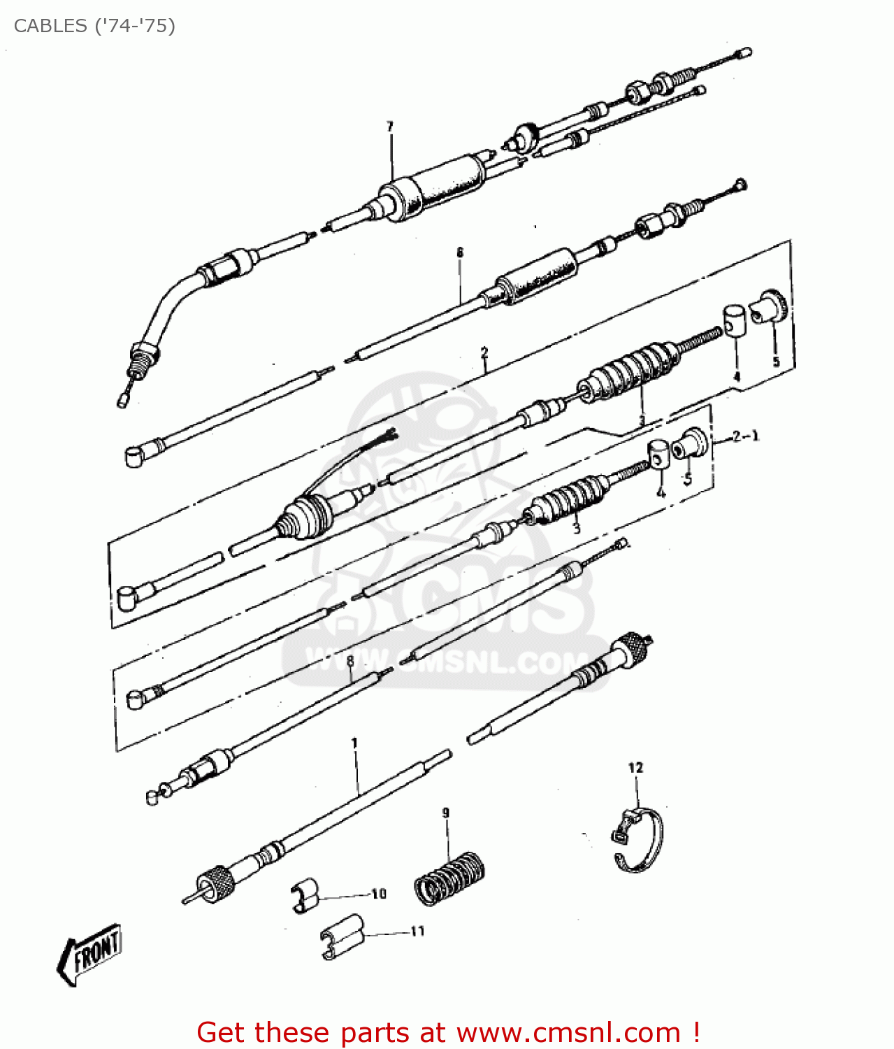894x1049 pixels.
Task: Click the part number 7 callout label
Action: [x=390, y=127]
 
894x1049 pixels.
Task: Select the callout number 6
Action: [x=460, y=252]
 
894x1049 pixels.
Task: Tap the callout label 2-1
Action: [x=745, y=436]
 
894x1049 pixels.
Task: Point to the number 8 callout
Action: [x=350, y=660]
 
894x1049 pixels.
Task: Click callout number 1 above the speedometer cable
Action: [x=354, y=743]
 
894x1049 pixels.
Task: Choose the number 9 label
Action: [x=446, y=813]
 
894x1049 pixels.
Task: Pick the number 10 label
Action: [x=379, y=894]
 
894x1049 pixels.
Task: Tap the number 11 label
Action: [x=417, y=932]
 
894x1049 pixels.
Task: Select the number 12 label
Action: [x=635, y=768]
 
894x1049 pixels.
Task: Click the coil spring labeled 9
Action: [x=449, y=878]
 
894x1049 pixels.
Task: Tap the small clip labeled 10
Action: [x=305, y=894]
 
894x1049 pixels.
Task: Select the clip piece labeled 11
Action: [x=343, y=935]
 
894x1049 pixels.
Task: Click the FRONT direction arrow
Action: [x=89, y=952]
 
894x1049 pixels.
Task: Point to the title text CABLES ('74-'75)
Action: [x=94, y=26]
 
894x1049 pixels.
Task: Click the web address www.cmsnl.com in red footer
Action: [x=568, y=1032]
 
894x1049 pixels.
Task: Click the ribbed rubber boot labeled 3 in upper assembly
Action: [x=629, y=371]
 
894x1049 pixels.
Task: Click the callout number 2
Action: [x=484, y=352]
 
